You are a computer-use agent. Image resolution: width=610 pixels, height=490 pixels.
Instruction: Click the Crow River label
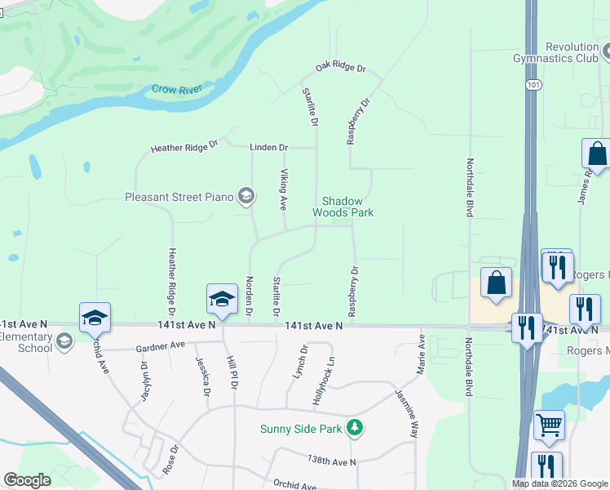(177, 90)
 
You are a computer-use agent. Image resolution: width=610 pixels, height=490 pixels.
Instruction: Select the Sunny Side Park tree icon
(354, 428)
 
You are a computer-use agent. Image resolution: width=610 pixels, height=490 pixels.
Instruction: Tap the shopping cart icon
(549, 425)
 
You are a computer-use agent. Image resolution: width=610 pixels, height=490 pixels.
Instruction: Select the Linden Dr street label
(272, 148)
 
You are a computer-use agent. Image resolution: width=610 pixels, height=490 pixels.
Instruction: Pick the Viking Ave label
(284, 189)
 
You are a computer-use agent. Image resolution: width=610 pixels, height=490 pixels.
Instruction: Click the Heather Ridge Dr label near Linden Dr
(185, 147)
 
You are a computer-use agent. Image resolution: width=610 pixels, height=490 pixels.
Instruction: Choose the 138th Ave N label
(332, 462)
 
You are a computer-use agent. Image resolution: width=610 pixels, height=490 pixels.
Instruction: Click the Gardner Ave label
(162, 346)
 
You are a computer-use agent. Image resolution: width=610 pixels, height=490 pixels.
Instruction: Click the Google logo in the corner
(27, 480)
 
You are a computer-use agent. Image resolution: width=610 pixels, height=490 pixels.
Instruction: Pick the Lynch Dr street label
(302, 362)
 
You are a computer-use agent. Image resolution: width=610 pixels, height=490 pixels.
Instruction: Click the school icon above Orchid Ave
(95, 317)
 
